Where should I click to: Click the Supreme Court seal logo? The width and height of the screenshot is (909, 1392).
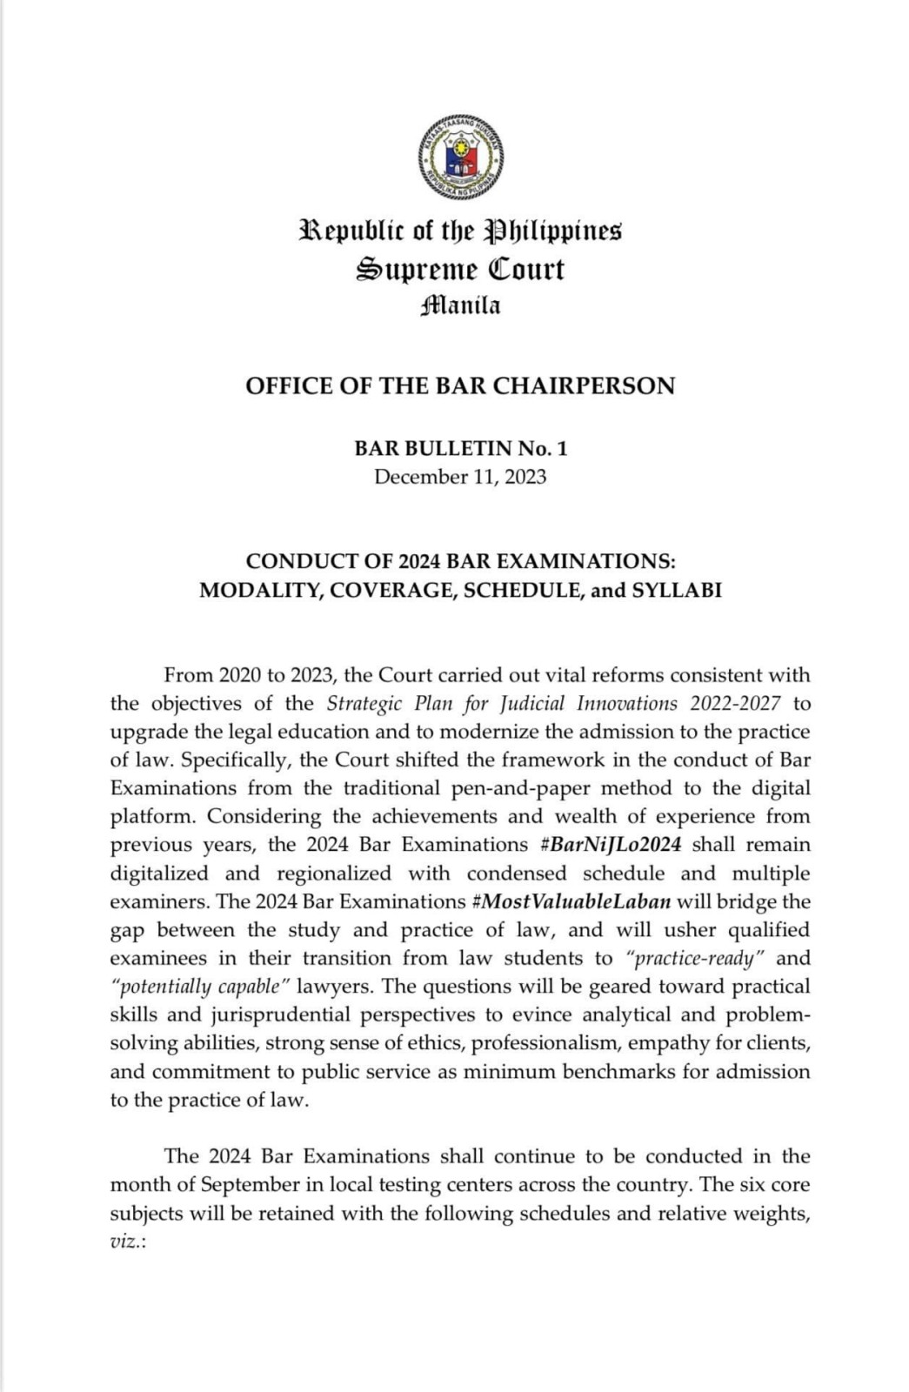pos(459,157)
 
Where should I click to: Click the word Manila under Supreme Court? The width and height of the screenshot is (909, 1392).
pos(459,306)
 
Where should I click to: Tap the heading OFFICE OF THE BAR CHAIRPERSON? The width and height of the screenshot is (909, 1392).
pos(459,386)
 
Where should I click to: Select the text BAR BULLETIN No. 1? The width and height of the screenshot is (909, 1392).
pos(459,449)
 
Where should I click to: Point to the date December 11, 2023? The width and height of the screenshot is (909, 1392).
pos(459,477)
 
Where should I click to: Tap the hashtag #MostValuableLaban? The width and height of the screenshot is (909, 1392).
pos(571,901)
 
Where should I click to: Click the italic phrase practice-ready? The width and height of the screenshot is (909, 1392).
pos(694,959)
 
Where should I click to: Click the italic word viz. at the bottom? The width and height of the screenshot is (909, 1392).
pos(127,1241)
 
